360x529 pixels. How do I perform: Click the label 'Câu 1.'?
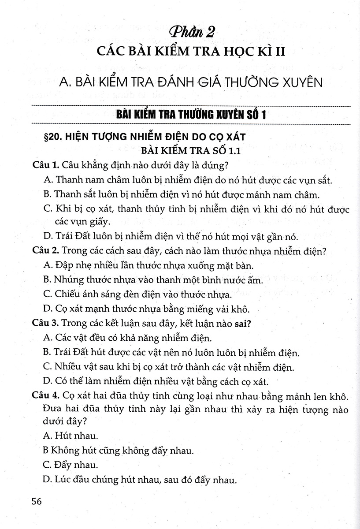coord(46,166)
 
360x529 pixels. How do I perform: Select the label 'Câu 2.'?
coord(46,252)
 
